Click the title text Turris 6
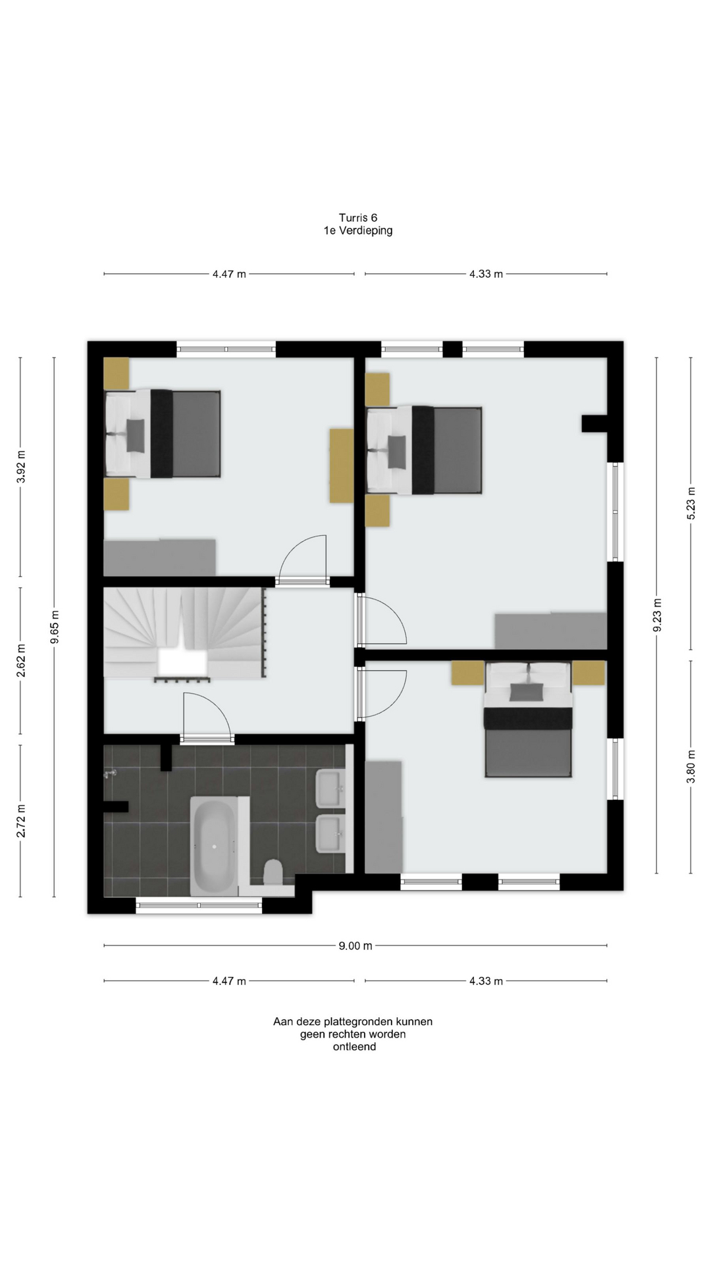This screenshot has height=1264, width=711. tap(358, 218)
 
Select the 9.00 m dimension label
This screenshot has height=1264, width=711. tap(355, 946)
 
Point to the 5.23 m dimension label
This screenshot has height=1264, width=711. tap(691, 504)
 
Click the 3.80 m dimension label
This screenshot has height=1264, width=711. tap(691, 767)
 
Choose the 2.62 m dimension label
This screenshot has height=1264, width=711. tap(20, 660)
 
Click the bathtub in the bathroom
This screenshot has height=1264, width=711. tap(213, 846)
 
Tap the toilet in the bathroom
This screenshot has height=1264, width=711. tap(273, 873)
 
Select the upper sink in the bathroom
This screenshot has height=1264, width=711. tap(330, 787)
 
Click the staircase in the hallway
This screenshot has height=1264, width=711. tap(184, 633)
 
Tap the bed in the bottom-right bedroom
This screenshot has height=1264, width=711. tap(528, 720)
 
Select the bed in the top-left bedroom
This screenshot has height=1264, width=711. tap(163, 433)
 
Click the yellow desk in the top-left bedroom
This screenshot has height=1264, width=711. tap(342, 465)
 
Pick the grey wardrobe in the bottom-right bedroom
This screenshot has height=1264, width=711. tap(383, 817)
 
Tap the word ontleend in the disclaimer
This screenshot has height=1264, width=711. tap(354, 1047)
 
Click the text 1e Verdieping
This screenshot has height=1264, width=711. tap(358, 230)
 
